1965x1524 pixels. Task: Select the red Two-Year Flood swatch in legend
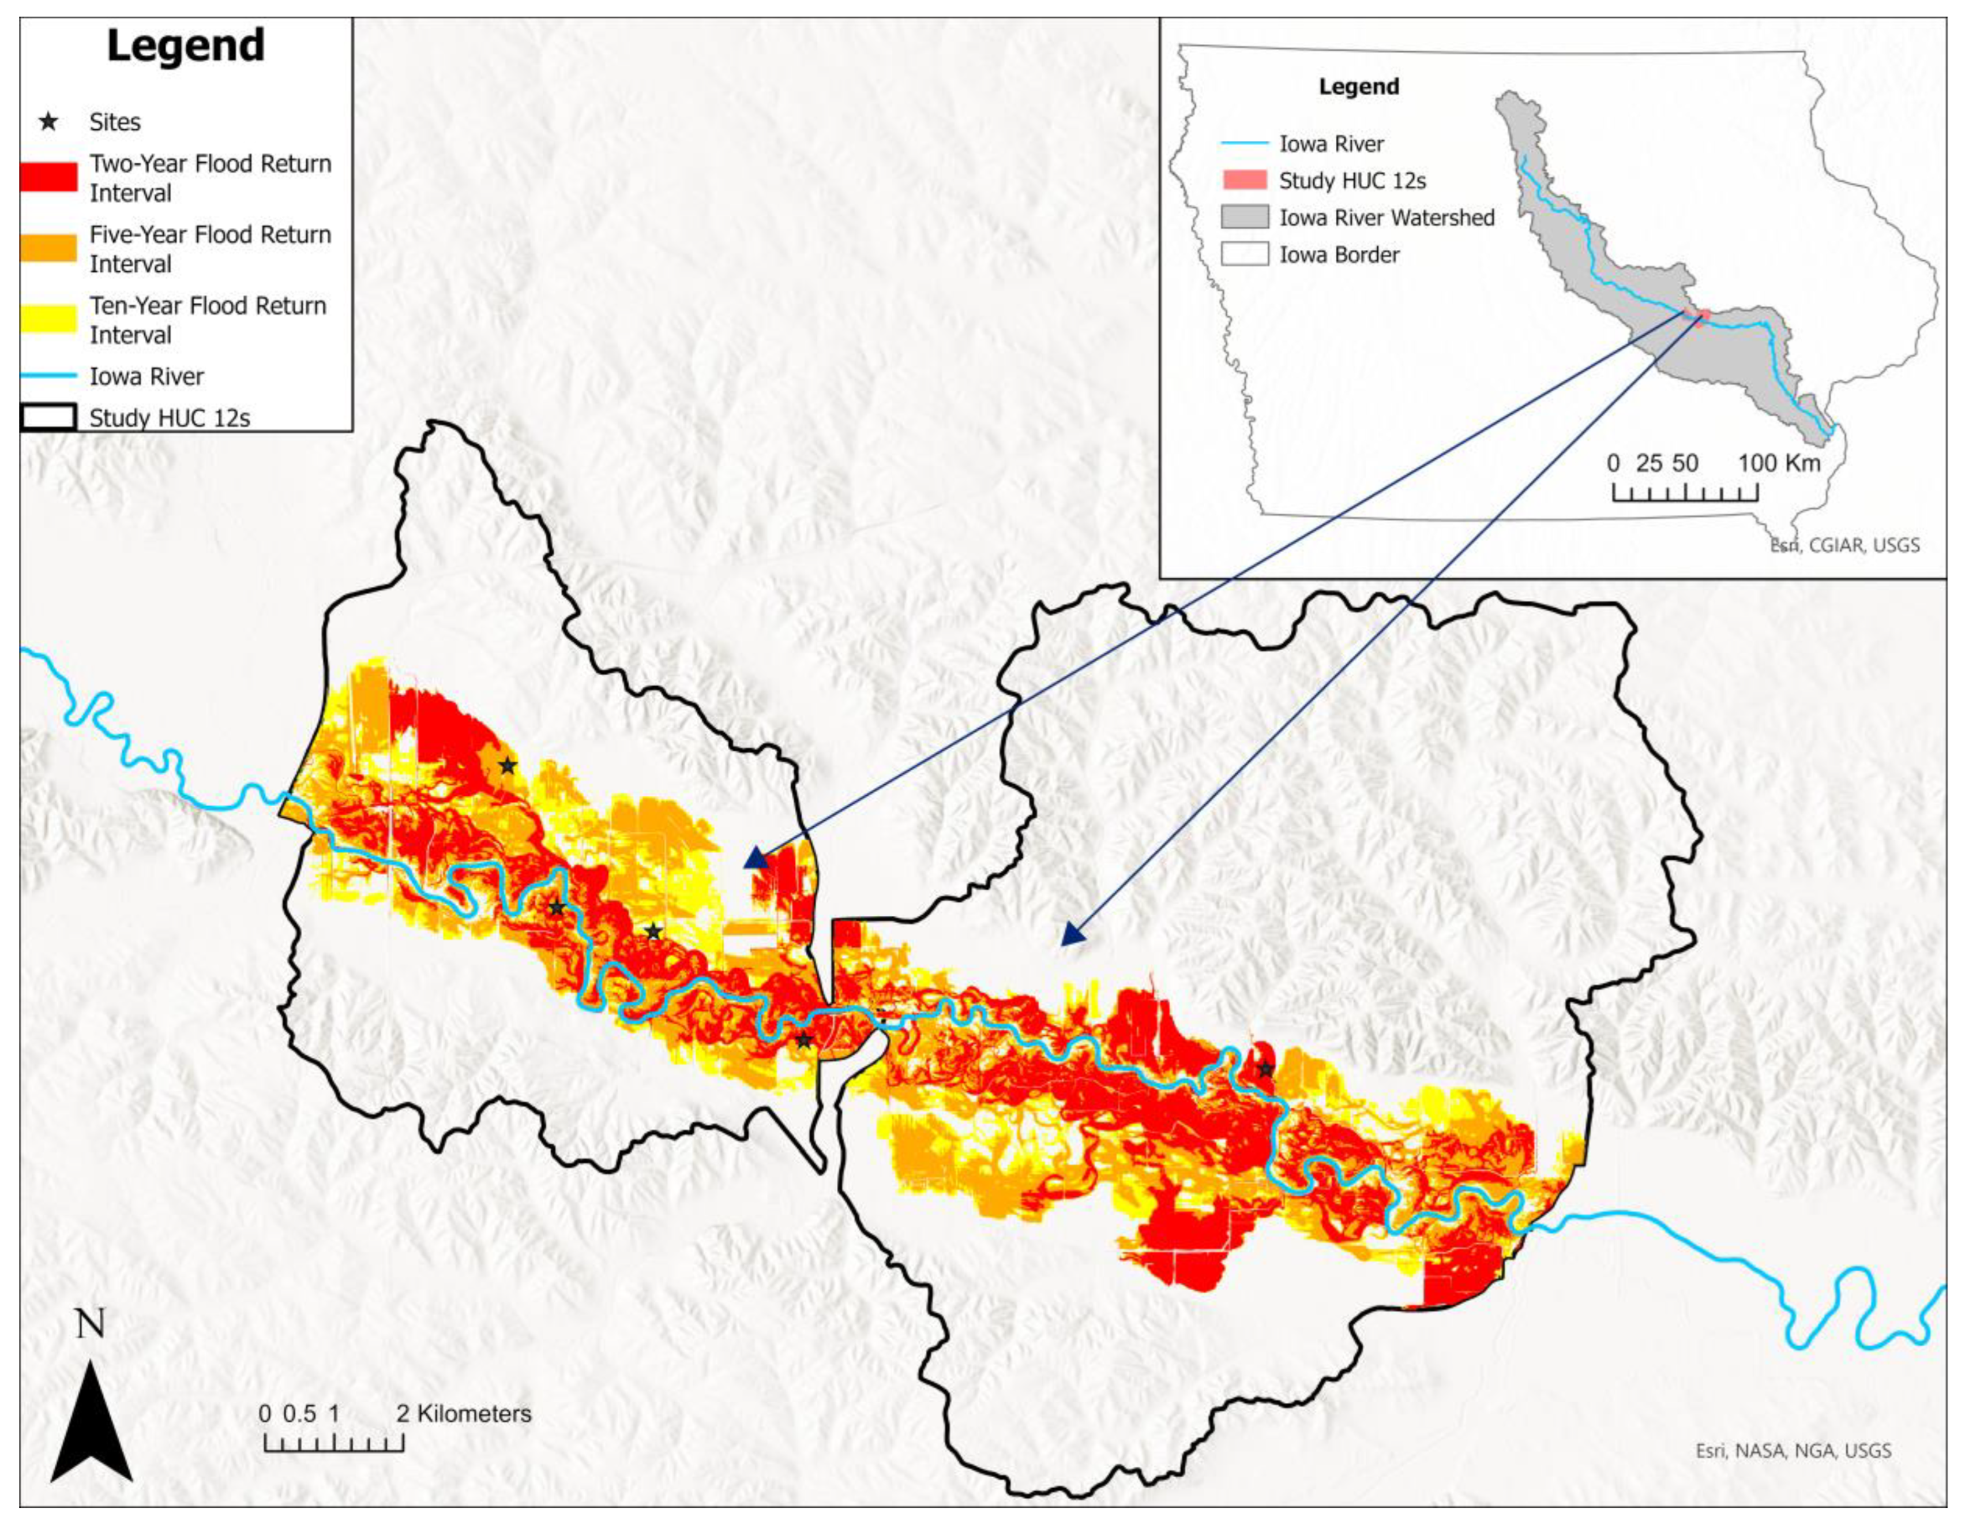pyautogui.click(x=48, y=177)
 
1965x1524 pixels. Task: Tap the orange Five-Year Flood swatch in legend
pyautogui.click(x=48, y=249)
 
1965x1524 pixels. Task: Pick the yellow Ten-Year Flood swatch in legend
pyautogui.click(x=48, y=320)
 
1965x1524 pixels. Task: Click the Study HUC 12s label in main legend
pyautogui.click(x=169, y=418)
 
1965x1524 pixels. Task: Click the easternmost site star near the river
pyautogui.click(x=1266, y=1069)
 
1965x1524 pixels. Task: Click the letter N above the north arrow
pyautogui.click(x=90, y=1323)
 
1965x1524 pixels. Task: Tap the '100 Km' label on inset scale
pyautogui.click(x=1779, y=463)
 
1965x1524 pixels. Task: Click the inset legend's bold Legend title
pyautogui.click(x=1359, y=87)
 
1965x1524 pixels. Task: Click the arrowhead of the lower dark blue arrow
pyautogui.click(x=1070, y=935)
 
